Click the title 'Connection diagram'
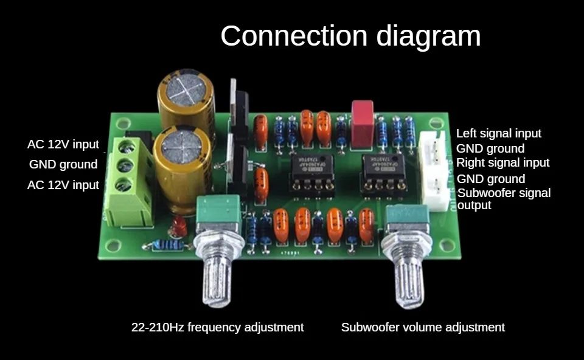pos(350,36)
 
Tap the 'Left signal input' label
pos(498,133)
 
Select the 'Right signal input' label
pos(502,162)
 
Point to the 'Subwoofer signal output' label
pos(504,199)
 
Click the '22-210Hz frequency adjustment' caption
pos(217,327)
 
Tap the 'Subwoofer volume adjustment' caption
pos(423,327)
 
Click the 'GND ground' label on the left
pos(63,164)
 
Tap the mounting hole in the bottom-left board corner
pos(112,246)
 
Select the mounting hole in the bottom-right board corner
pos(450,245)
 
